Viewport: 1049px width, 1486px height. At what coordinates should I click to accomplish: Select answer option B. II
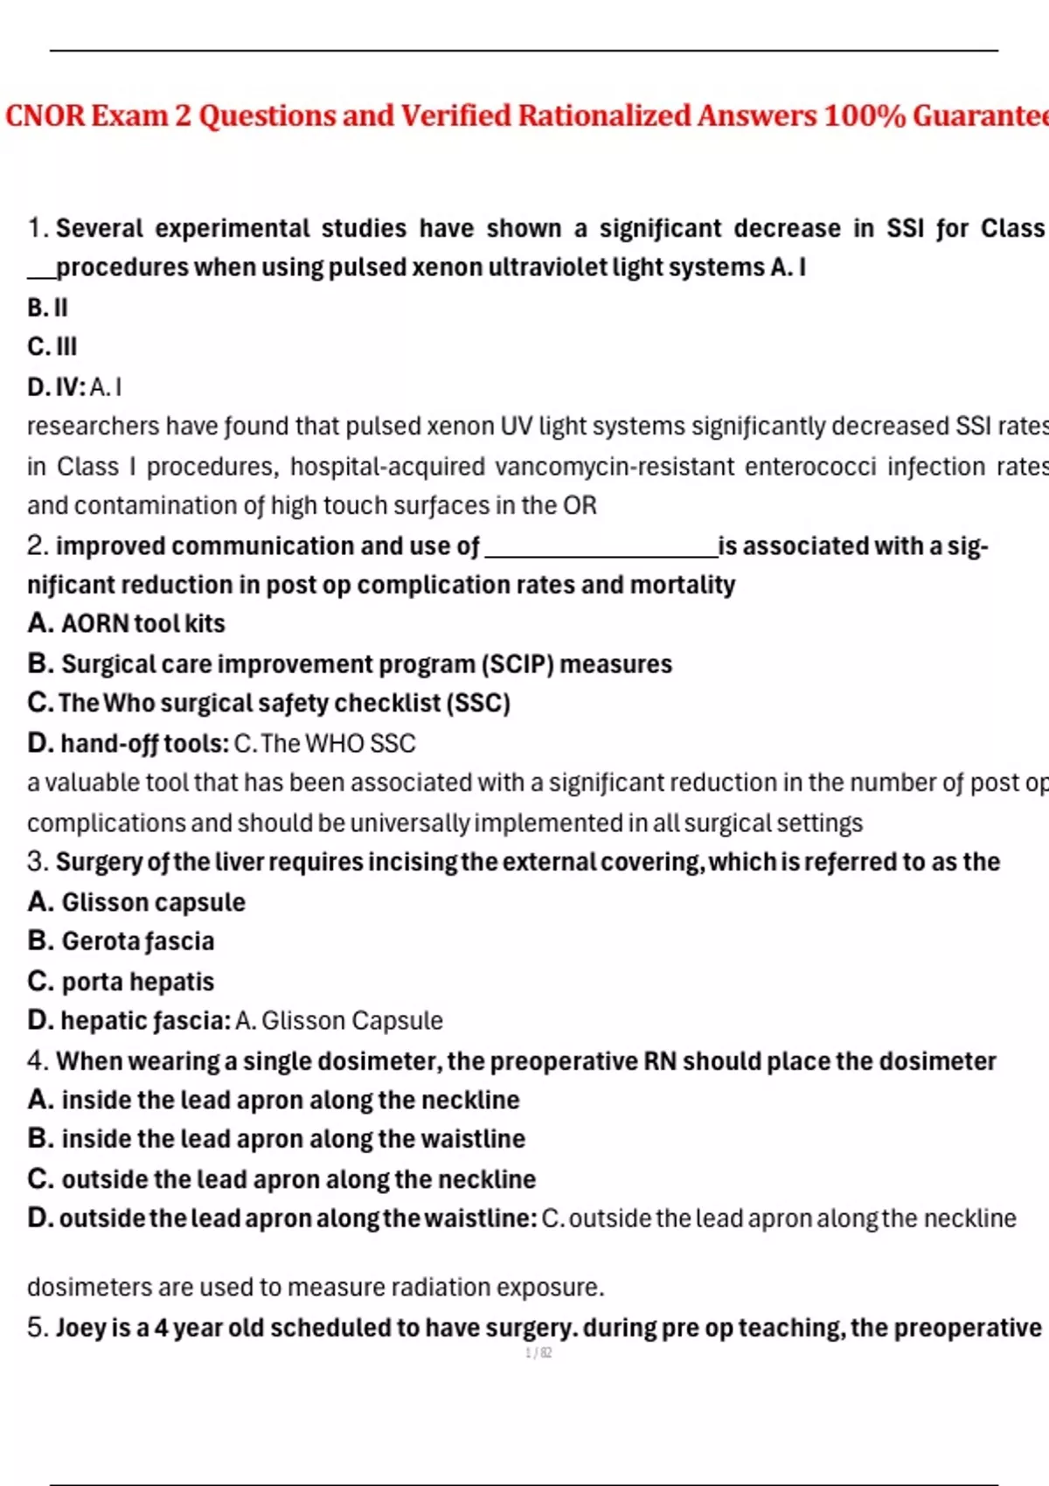(x=47, y=308)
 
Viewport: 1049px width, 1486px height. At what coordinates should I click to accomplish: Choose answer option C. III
(x=52, y=347)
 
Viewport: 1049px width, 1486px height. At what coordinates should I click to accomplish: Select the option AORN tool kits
(x=142, y=623)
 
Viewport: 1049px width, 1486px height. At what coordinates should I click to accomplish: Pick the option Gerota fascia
(x=137, y=941)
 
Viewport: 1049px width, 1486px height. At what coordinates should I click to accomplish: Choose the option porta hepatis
(x=137, y=982)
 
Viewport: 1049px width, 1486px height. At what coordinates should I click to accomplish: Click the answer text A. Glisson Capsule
(x=339, y=1021)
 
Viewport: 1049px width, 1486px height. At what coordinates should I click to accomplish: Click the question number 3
(x=37, y=862)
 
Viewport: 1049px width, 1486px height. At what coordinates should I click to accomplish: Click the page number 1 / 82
(x=538, y=1353)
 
